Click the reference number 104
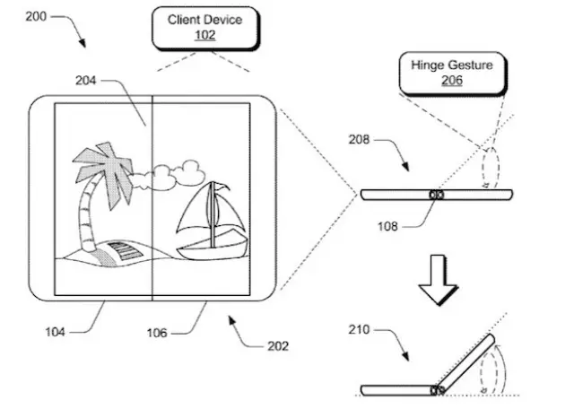pos(55,332)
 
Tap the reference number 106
pos(160,333)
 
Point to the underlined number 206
pos(452,80)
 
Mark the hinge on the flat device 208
pos(437,195)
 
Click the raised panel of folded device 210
pos(468,360)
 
